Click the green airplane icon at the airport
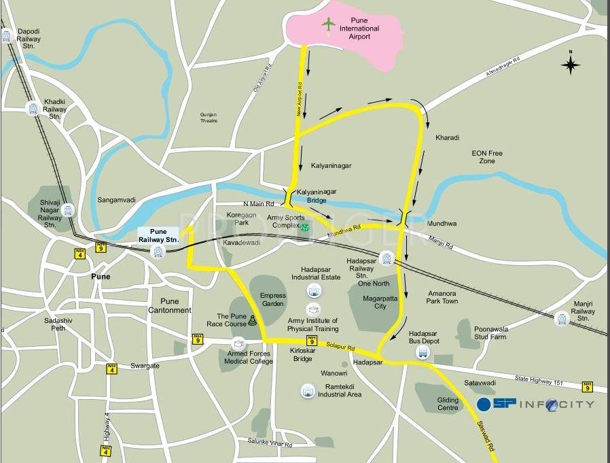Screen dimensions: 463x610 pos(329,24)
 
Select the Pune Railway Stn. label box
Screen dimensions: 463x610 pos(158,236)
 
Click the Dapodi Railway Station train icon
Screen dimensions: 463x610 pos(7,37)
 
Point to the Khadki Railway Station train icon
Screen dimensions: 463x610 pos(32,108)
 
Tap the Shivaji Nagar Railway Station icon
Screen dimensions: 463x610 pos(67,210)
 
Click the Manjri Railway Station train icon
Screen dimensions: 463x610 pos(561,319)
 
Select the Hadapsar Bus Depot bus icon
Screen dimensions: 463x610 pos(423,352)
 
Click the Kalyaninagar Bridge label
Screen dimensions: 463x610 pos(317,196)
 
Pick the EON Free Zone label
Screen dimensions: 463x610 pos(487,158)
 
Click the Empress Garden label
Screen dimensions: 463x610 pos(273,300)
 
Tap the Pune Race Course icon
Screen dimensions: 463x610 pos(252,320)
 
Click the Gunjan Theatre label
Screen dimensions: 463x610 pos(209,118)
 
